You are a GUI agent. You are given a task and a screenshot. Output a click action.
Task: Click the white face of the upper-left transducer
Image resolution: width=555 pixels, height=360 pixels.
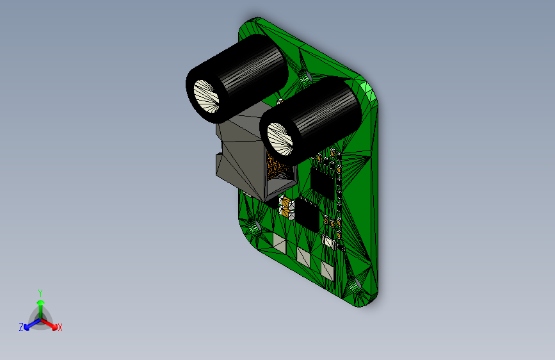(x=207, y=96)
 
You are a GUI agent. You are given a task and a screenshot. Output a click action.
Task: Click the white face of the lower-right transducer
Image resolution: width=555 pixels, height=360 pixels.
(x=280, y=139)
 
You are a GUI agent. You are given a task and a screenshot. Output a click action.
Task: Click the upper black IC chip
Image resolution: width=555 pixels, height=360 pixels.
(x=323, y=182)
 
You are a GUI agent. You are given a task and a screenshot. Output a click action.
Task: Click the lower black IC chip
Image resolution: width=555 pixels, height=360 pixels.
(x=307, y=214)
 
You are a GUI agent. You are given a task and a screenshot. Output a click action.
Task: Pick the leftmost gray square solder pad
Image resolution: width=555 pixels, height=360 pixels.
(x=280, y=243)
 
